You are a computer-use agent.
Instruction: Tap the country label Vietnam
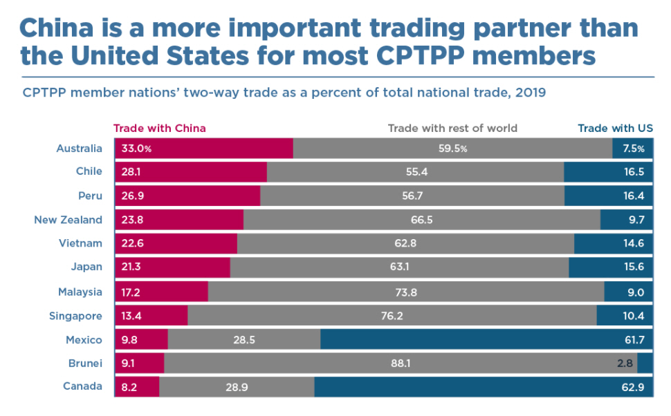83,243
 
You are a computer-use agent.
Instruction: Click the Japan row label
87,267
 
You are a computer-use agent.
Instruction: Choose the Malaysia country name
80,292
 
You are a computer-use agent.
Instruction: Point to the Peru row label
91,196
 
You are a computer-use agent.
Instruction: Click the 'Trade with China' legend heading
159,128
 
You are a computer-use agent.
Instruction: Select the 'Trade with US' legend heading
615,128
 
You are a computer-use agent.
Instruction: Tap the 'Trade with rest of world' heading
452,128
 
